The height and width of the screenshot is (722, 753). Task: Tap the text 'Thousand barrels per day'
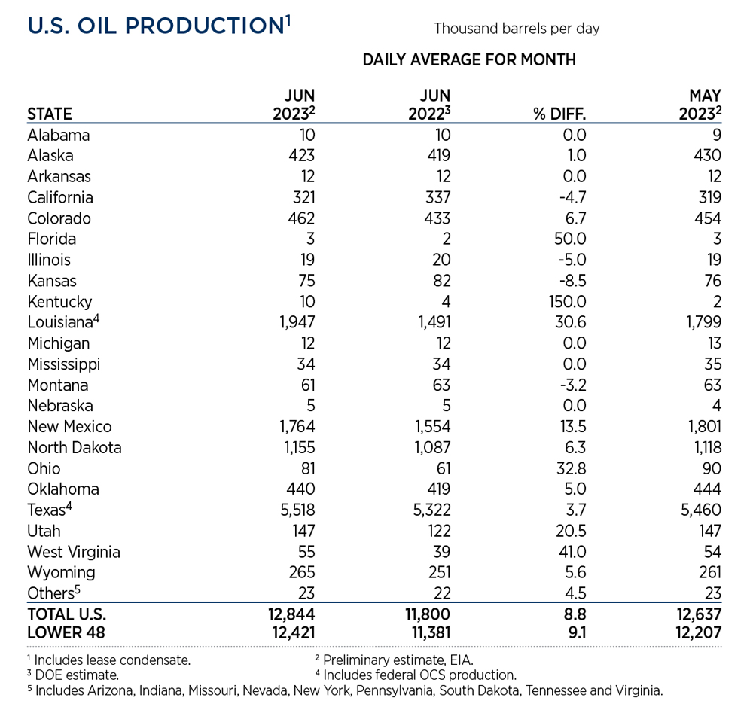pyautogui.click(x=517, y=29)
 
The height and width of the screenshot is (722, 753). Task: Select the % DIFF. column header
pyautogui.click(x=559, y=114)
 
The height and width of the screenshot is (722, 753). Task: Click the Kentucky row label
pyautogui.click(x=59, y=302)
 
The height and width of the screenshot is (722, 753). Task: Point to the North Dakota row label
pyautogui.click(x=75, y=447)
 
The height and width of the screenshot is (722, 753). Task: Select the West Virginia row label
pyautogui.click(x=74, y=552)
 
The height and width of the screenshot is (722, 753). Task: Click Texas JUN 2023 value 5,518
pyautogui.click(x=297, y=510)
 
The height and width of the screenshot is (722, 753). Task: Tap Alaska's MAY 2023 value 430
pyautogui.click(x=709, y=156)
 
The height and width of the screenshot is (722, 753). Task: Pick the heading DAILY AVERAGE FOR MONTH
pyautogui.click(x=469, y=60)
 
